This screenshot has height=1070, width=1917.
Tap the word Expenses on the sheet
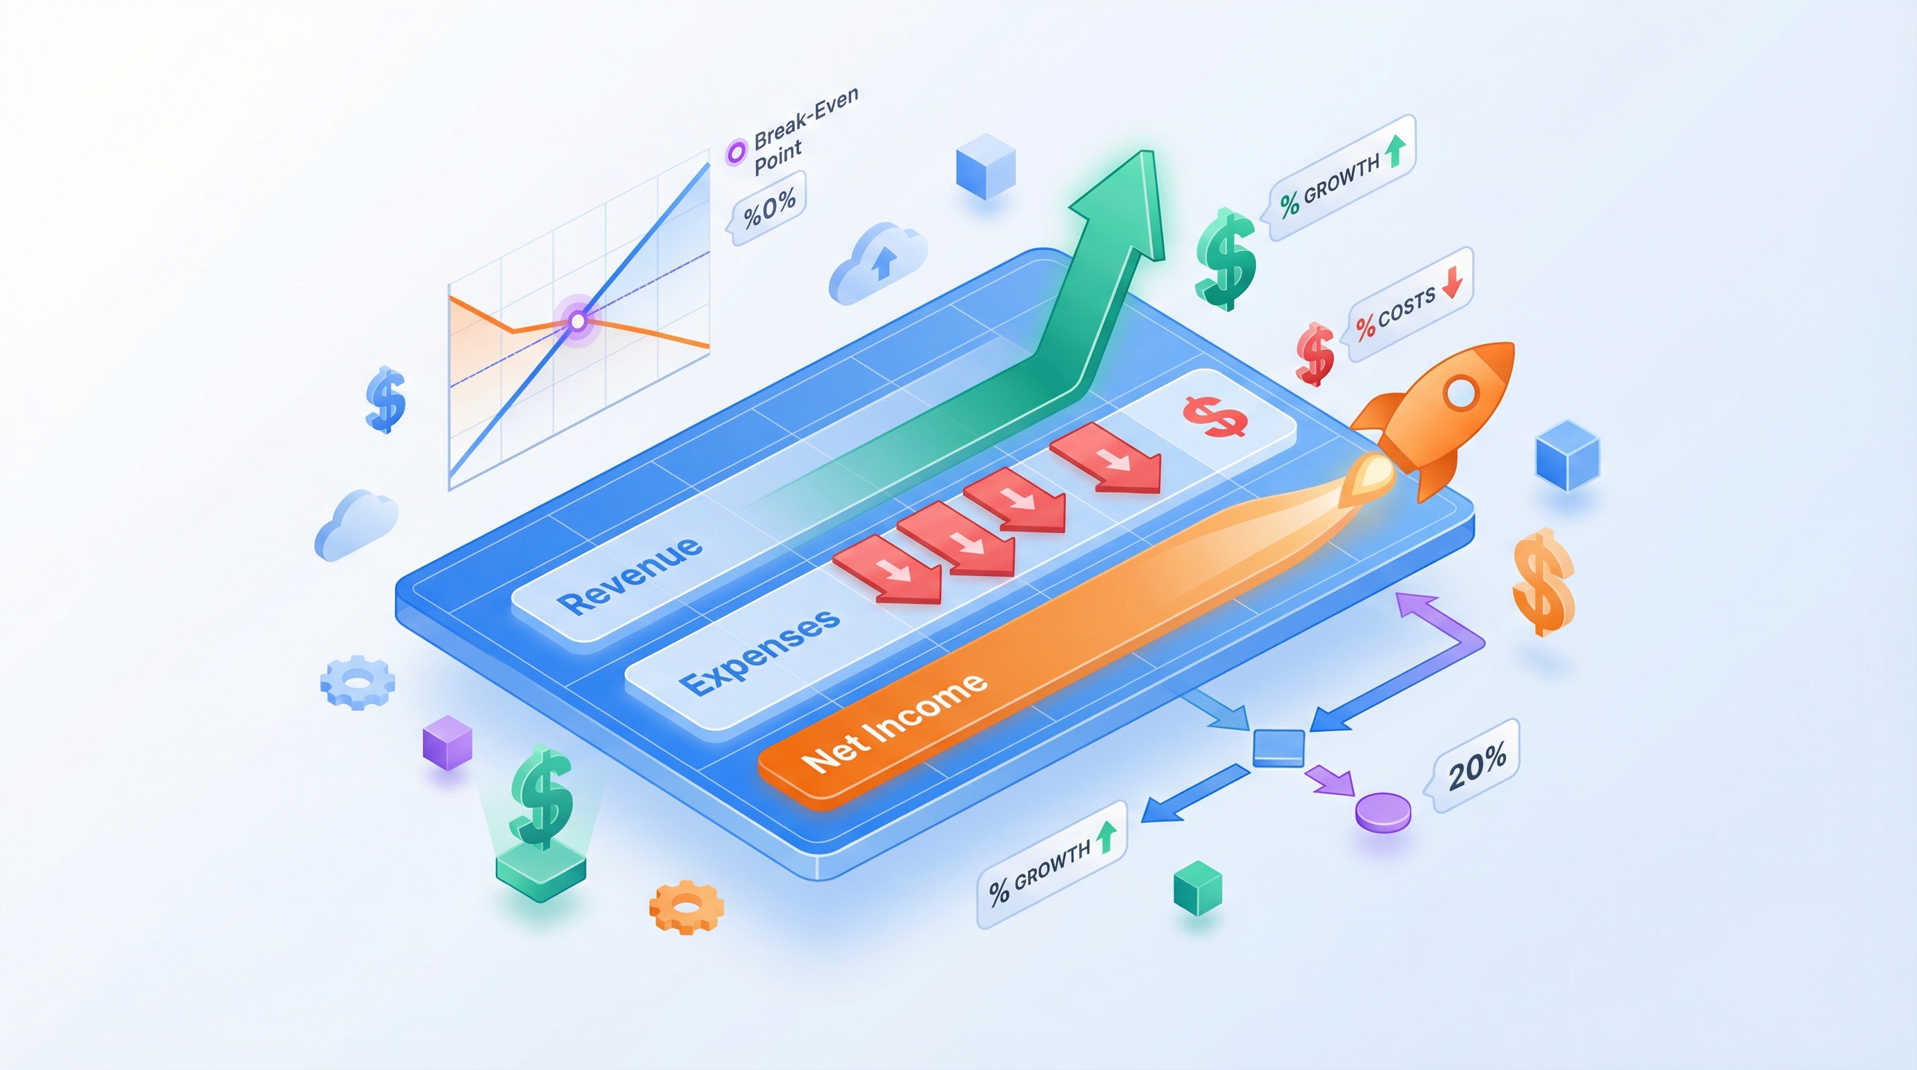click(760, 653)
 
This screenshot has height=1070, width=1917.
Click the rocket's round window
click(1461, 392)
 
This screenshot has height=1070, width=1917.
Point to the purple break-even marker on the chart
click(577, 321)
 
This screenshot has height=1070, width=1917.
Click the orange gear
click(686, 906)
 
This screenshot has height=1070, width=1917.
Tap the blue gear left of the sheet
click(357, 681)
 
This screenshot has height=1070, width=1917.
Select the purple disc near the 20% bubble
click(1383, 810)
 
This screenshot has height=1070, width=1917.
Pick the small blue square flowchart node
click(1278, 747)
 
